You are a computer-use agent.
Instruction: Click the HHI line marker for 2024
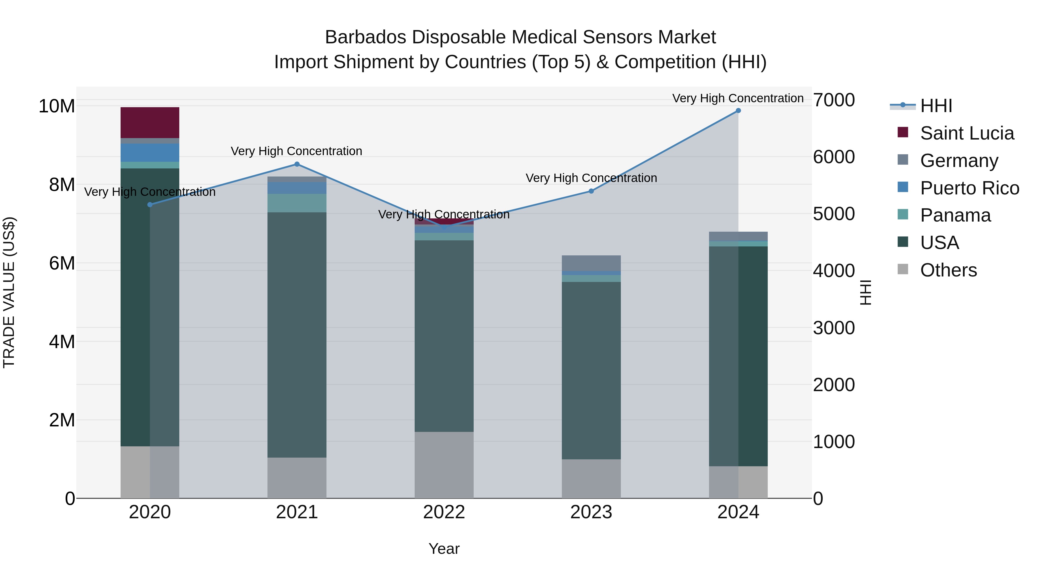point(738,111)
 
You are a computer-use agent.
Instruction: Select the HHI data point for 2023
point(591,191)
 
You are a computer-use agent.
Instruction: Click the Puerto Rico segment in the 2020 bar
point(150,153)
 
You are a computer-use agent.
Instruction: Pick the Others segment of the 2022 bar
point(444,465)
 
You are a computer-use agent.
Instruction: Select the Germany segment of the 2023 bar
point(591,263)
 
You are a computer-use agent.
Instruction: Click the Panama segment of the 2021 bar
point(297,203)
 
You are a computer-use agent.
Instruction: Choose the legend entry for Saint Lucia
point(967,133)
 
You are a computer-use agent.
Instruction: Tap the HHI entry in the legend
point(936,106)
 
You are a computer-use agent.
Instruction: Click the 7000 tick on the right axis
point(833,100)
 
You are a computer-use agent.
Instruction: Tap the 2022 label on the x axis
point(444,512)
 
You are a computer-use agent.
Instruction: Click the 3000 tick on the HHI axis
point(833,328)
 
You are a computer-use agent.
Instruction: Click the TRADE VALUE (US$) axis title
point(9,292)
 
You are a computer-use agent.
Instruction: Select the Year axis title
point(444,549)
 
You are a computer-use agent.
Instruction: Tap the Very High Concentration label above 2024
point(738,98)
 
